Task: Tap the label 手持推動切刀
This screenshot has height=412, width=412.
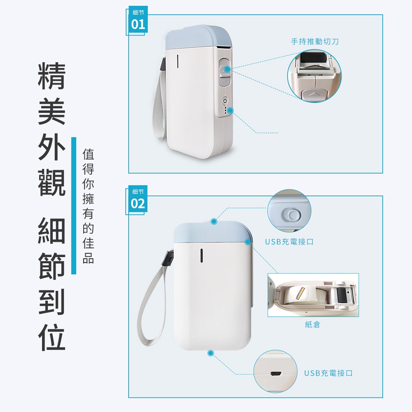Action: click(315, 42)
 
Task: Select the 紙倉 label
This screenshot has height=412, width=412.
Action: click(312, 325)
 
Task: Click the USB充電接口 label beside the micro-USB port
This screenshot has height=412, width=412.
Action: click(328, 373)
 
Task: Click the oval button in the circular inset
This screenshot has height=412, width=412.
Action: click(291, 214)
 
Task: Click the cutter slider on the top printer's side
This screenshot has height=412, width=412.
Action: click(223, 72)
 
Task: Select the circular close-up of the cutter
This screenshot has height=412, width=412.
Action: click(314, 76)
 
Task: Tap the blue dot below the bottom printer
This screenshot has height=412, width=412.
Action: click(211, 353)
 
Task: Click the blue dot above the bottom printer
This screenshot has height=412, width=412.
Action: click(213, 222)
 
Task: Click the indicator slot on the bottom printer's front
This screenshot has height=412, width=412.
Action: click(201, 255)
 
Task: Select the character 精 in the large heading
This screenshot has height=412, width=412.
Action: click(51, 76)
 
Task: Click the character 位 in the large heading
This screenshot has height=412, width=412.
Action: click(51, 338)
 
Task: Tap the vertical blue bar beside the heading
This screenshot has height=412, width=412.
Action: click(74, 206)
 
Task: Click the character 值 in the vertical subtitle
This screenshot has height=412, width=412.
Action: click(88, 154)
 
